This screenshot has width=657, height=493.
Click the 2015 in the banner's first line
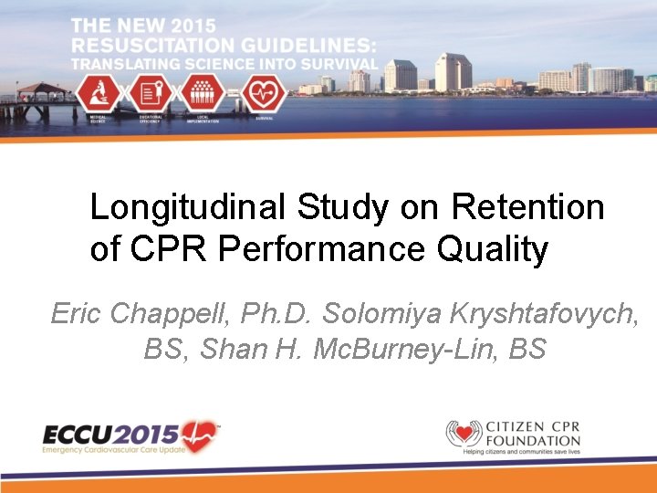click(x=243, y=25)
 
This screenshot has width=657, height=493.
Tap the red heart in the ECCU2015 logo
click(x=200, y=435)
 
